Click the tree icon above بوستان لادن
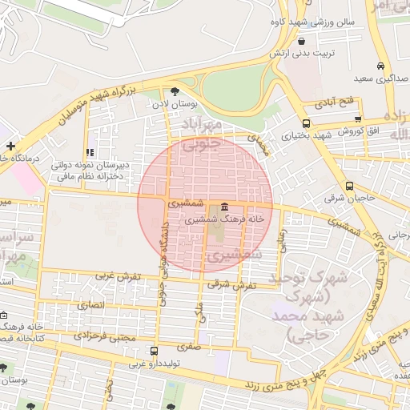point(175,91)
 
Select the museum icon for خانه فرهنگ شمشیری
point(223,206)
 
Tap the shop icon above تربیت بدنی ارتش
point(301,41)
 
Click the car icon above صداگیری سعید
point(380,66)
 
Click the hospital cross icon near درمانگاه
point(10,146)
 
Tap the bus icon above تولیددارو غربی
point(154,350)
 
